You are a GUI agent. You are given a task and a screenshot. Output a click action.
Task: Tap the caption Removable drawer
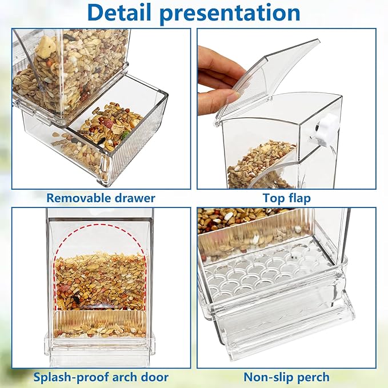pyautogui.click(x=101, y=198)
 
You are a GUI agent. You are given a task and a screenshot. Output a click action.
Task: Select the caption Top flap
pyautogui.click(x=287, y=198)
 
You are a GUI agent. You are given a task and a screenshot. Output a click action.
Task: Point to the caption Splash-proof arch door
pyautogui.click(x=101, y=377)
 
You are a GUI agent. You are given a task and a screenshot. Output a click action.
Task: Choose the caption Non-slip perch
pyautogui.click(x=287, y=377)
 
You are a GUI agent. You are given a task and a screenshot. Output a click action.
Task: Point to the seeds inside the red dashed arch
pyautogui.click(x=100, y=280)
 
